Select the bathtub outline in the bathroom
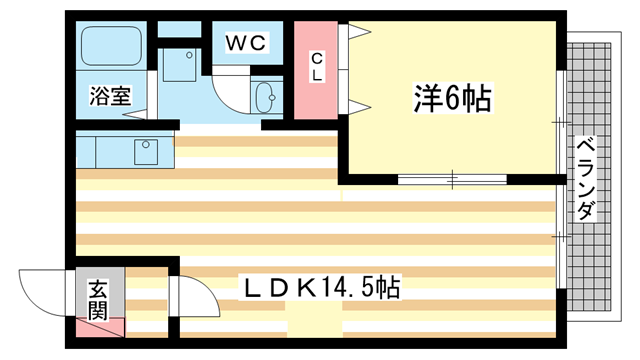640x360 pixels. (x=112, y=48)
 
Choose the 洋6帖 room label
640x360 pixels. (x=451, y=98)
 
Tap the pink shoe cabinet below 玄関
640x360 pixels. (x=100, y=327)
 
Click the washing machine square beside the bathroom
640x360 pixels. (x=181, y=66)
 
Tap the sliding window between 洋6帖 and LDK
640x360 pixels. (x=450, y=180)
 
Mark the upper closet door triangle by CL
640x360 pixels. (x=357, y=32)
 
